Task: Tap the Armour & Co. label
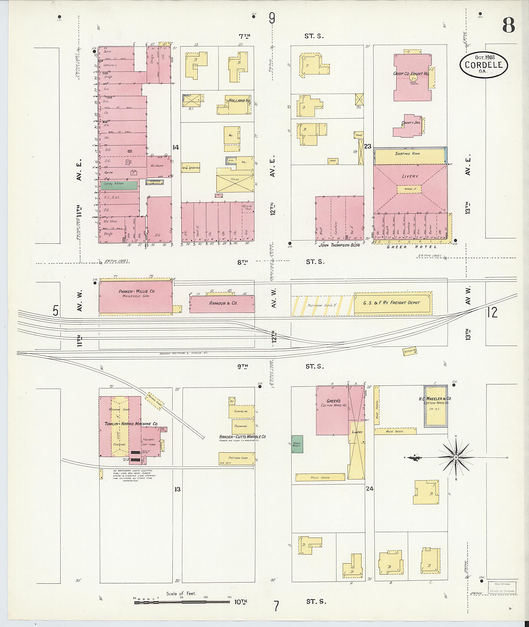223,303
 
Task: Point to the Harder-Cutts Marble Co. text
243,437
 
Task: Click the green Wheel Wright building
297,444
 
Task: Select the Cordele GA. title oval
484,65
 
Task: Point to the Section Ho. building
409,351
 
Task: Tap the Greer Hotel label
411,247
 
